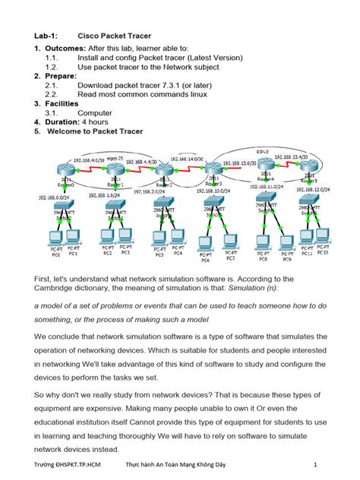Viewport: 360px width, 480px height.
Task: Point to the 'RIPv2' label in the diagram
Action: tap(264, 150)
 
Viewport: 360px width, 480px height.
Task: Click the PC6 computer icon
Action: tap(204, 243)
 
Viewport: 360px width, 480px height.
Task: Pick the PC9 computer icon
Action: tap(286, 242)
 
